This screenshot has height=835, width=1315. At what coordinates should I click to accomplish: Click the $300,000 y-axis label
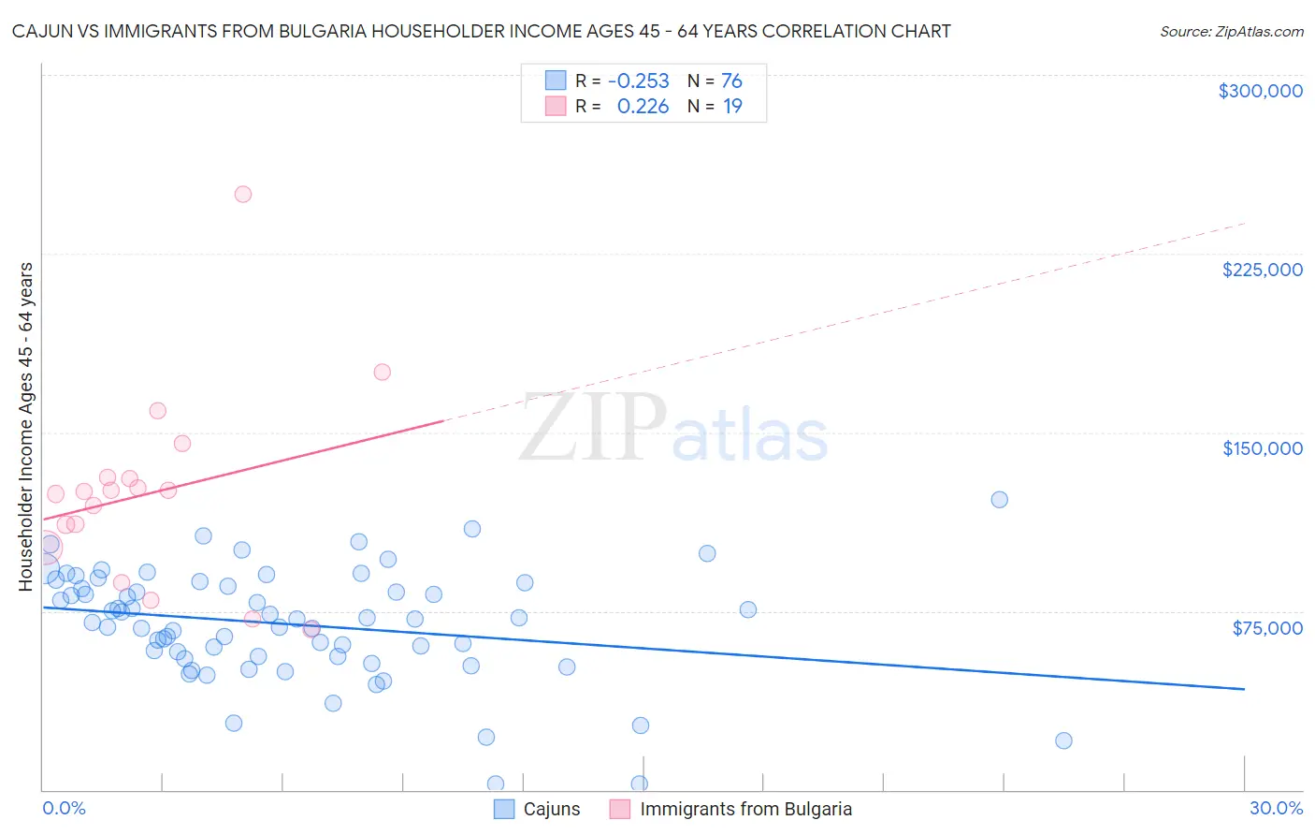(x=1260, y=91)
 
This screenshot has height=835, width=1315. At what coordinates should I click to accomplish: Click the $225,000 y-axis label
(x=1262, y=270)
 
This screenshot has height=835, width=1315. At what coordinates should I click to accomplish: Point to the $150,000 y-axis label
(x=1262, y=448)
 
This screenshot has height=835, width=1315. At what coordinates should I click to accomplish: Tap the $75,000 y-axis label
(x=1267, y=628)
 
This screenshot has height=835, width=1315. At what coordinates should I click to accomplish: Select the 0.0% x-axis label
(x=64, y=808)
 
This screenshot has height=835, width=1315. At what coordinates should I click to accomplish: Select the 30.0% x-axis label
(x=1276, y=808)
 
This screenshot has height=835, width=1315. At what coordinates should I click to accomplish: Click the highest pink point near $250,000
(x=243, y=195)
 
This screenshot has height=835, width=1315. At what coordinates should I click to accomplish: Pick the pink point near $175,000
(x=382, y=372)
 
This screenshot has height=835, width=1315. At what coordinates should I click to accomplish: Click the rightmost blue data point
(x=1063, y=740)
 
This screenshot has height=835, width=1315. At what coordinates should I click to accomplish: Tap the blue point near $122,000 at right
(x=999, y=499)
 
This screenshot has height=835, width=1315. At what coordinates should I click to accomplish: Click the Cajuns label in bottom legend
(x=551, y=809)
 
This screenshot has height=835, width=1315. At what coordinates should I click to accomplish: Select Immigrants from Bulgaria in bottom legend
(x=745, y=809)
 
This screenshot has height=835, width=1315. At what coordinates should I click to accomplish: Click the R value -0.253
(x=639, y=81)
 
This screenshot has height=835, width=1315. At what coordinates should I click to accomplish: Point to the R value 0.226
(x=643, y=107)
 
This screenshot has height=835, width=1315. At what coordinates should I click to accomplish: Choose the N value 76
(x=731, y=81)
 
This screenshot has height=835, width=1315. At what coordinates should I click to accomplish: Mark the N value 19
(x=732, y=107)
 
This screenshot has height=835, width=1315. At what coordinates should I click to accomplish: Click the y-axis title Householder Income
(x=25, y=427)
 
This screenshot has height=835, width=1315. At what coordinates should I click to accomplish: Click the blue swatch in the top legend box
(x=556, y=81)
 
